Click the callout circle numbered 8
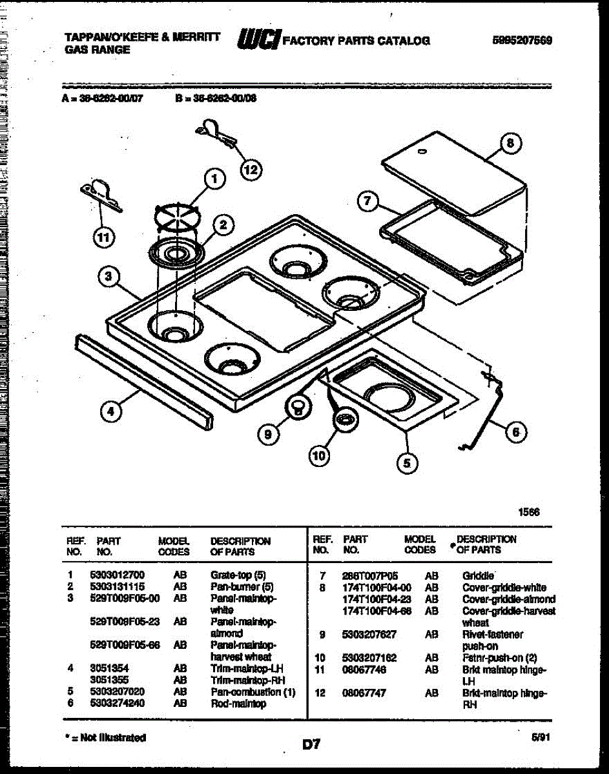tap(510, 144)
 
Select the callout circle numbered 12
tap(251, 169)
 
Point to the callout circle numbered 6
tap(515, 432)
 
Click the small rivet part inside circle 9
tap(298, 406)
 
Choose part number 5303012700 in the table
tap(117, 575)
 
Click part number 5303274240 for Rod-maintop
tap(117, 703)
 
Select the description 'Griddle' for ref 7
tap(479, 575)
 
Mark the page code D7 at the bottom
tap(311, 745)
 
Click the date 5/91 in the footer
tap(537, 736)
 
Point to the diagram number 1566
tap(528, 512)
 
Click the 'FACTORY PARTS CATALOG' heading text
tap(356, 41)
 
